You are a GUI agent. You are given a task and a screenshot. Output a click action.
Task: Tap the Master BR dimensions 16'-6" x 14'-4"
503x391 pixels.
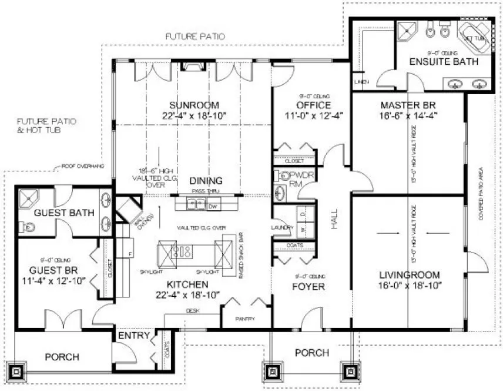coord(408,117)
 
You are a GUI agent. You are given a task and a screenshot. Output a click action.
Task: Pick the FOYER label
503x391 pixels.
coord(309,287)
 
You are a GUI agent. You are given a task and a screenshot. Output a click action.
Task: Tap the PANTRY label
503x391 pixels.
coord(245,319)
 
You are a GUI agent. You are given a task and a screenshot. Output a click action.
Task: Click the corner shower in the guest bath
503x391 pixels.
coord(29,200)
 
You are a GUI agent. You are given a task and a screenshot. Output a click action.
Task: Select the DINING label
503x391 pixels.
coord(206,181)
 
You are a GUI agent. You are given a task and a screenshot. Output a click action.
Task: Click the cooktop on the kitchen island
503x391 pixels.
coord(182,253)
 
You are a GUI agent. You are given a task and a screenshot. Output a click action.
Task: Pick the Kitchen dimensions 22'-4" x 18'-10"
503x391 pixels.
coord(188,294)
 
